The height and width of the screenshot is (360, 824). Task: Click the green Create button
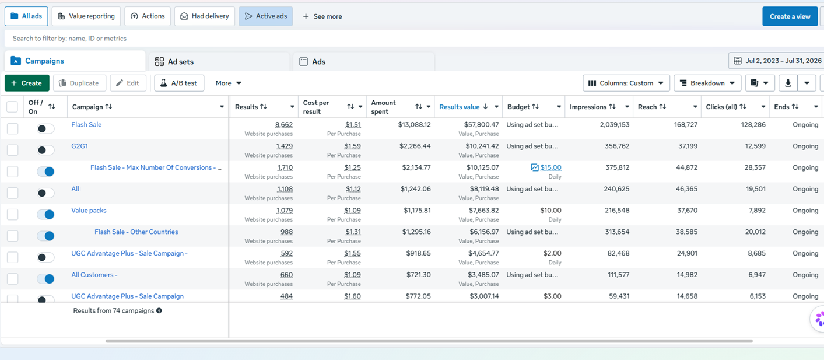[x=27, y=83]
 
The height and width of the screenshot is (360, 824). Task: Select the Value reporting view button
[x=86, y=16]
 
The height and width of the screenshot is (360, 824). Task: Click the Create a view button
[x=790, y=16]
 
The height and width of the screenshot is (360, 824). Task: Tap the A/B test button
[x=179, y=83]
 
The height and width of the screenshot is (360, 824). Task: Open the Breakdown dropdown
[x=707, y=83]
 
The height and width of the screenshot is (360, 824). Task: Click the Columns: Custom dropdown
[x=626, y=83]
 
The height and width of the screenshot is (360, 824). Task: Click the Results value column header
[x=460, y=107]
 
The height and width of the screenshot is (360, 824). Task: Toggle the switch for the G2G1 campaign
[x=45, y=150]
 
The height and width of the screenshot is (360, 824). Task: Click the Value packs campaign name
[x=89, y=211]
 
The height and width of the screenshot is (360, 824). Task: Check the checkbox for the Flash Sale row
[x=12, y=128]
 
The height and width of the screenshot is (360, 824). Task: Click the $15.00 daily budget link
[x=550, y=167]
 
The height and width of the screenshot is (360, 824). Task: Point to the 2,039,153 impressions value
[x=614, y=125]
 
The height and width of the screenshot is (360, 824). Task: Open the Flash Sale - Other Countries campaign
[x=136, y=232]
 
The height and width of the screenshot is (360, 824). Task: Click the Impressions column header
[x=588, y=107]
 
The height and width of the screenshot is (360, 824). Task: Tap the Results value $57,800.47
[x=481, y=125]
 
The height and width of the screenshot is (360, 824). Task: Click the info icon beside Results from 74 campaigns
[x=159, y=310]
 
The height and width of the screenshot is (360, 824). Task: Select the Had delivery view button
[x=205, y=16]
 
